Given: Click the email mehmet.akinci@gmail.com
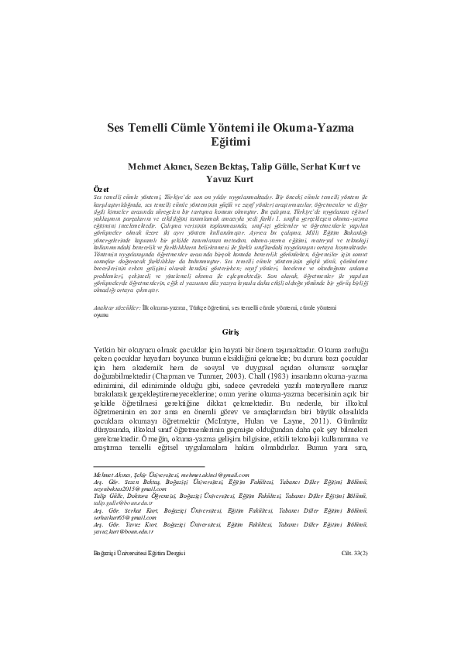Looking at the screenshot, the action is pos(215,475).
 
